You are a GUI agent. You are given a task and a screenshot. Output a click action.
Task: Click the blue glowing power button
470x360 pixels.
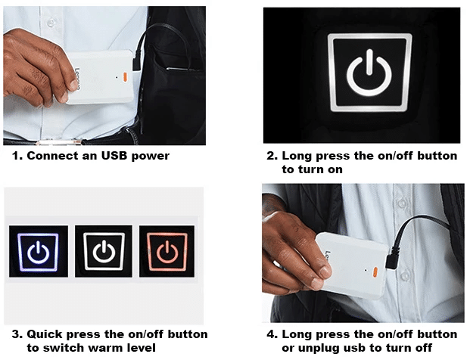coord(37,250)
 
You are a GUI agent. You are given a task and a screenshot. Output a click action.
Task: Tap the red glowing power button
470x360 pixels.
coord(167,251)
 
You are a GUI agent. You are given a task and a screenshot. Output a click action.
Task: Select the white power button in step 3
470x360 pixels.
coord(102,251)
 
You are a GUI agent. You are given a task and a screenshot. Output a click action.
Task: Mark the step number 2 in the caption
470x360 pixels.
coord(270,157)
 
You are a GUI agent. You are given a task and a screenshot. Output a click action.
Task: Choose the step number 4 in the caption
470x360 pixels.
coord(270,334)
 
